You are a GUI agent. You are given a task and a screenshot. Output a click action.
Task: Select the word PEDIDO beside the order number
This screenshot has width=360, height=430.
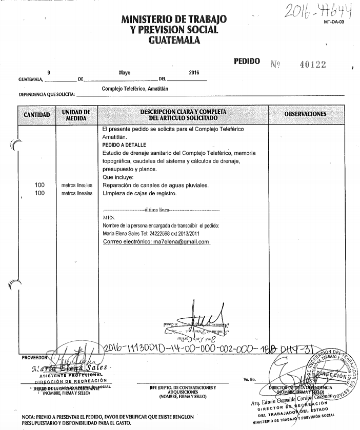click(250, 61)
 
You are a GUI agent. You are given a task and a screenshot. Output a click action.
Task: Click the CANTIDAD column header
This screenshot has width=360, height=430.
click(36, 115)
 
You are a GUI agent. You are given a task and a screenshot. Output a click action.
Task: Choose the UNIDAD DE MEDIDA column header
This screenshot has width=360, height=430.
click(76, 114)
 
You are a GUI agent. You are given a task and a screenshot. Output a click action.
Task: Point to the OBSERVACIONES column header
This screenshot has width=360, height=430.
click(305, 113)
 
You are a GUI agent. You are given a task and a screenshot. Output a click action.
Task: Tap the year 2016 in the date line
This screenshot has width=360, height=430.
click(193, 73)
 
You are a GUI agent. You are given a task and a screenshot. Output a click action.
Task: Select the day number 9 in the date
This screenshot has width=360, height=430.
click(49, 73)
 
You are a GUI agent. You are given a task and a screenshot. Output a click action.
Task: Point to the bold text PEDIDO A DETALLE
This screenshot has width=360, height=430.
click(124, 145)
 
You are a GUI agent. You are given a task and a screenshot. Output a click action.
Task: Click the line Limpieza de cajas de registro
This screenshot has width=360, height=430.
click(139, 193)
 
